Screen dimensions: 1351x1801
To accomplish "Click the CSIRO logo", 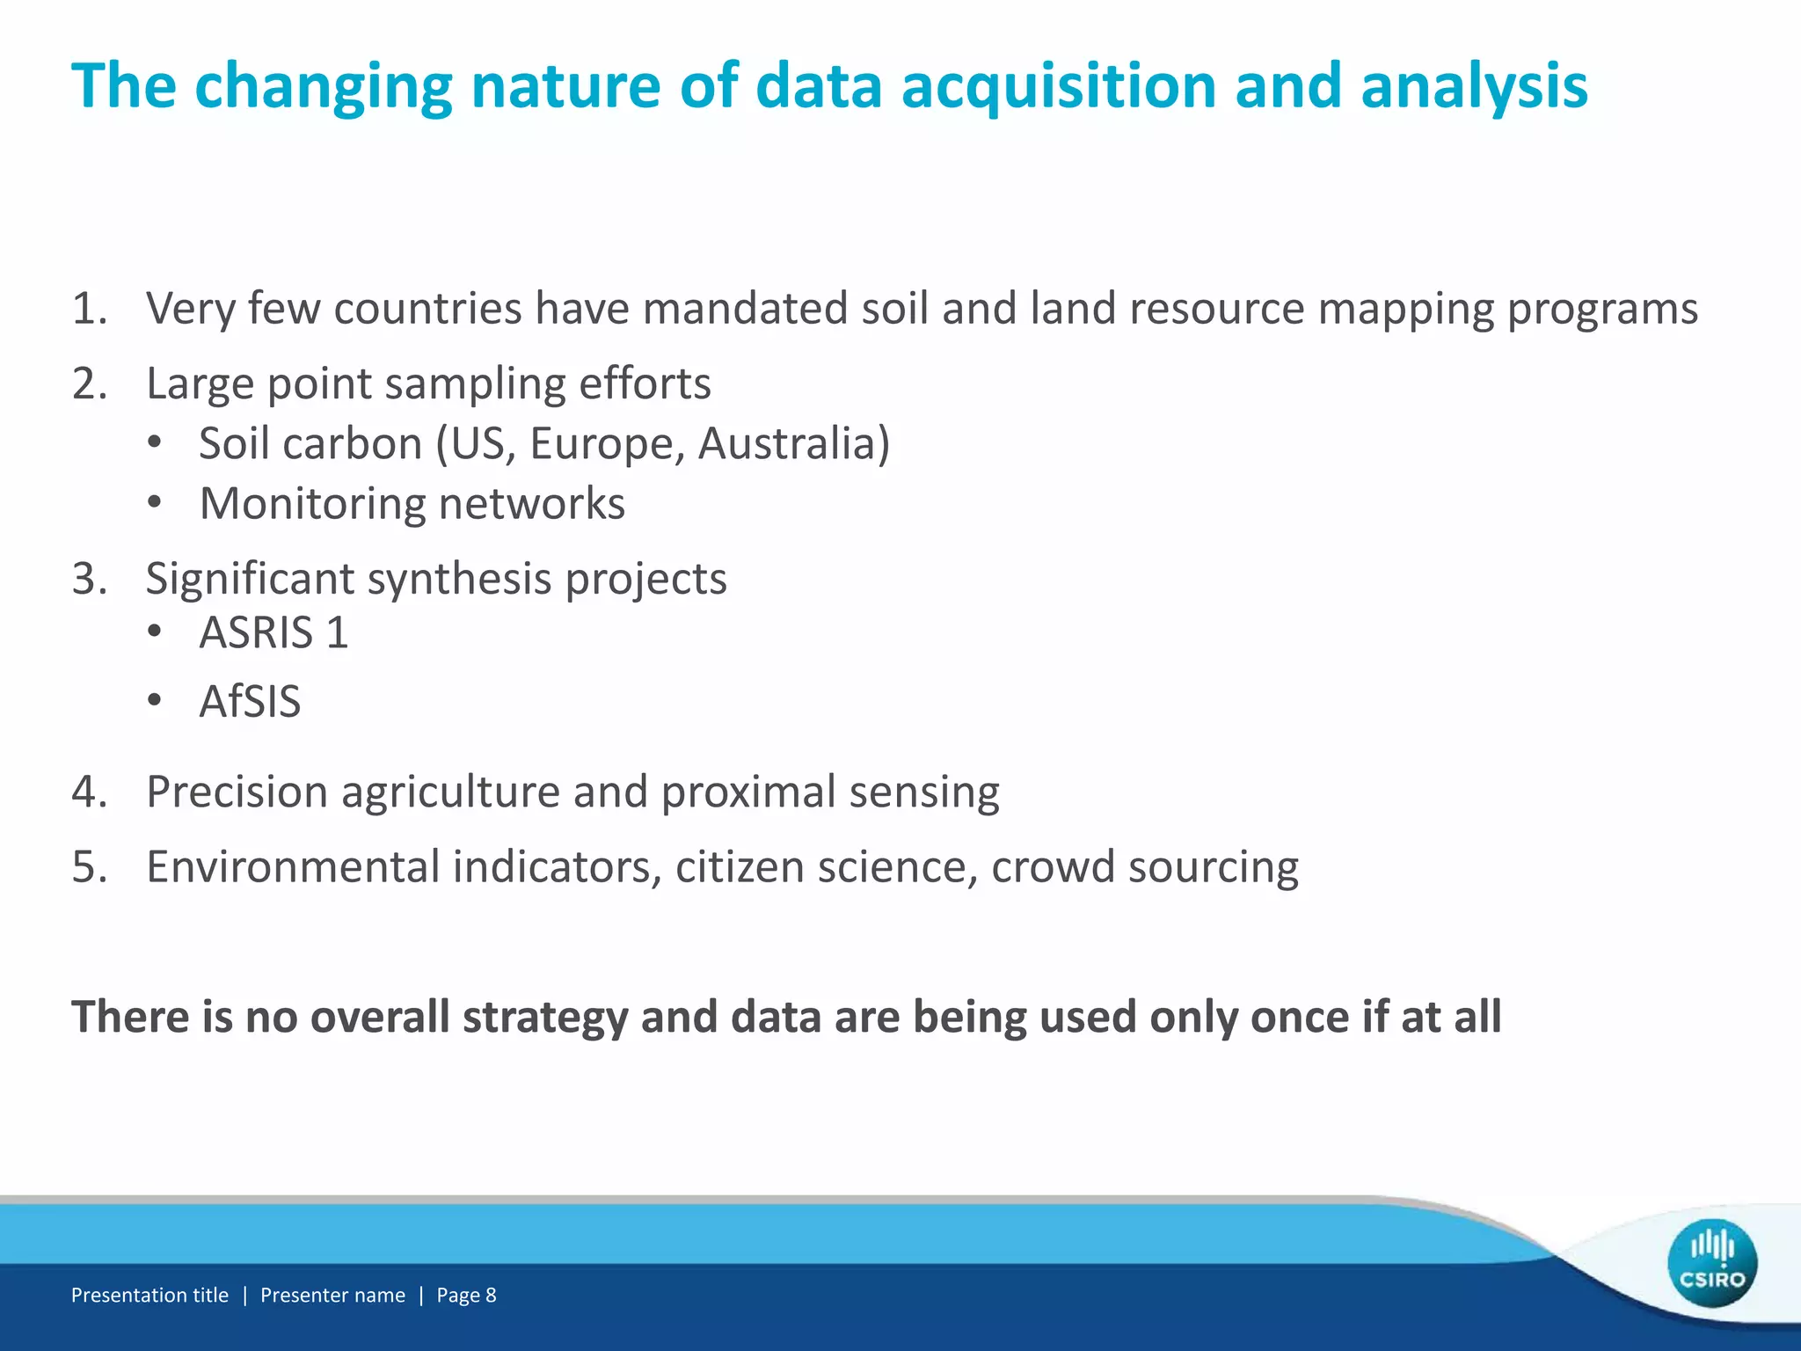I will pyautogui.click(x=1711, y=1262).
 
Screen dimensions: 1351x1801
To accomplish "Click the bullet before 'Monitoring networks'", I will pyautogui.click(x=156, y=503).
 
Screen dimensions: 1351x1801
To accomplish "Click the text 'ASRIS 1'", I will pyautogui.click(x=273, y=632).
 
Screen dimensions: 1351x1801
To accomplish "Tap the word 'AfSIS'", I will pyautogui.click(x=250, y=702).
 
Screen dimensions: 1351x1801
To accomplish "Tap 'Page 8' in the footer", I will pyautogui.click(x=466, y=1295).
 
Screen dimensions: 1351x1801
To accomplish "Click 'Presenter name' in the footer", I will pyautogui.click(x=332, y=1295).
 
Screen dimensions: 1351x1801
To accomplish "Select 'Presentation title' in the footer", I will pyautogui.click(x=149, y=1295).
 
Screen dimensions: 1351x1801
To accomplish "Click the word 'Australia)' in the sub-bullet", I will pyautogui.click(x=794, y=443).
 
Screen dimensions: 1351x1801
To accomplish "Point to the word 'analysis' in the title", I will pyautogui.click(x=1474, y=86).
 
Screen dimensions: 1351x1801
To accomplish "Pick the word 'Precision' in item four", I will pyautogui.click(x=237, y=792).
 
